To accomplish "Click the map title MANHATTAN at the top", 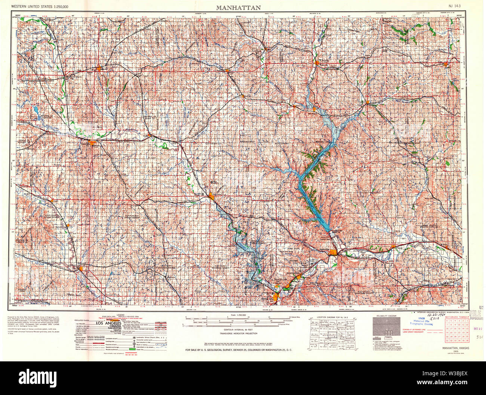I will [x=238, y=7].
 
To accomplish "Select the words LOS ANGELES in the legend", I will [x=108, y=323].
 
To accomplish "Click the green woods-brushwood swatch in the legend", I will [x=131, y=349].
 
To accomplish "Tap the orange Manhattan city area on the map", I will [x=332, y=253].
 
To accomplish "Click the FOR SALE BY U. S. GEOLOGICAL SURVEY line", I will [x=239, y=350].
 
